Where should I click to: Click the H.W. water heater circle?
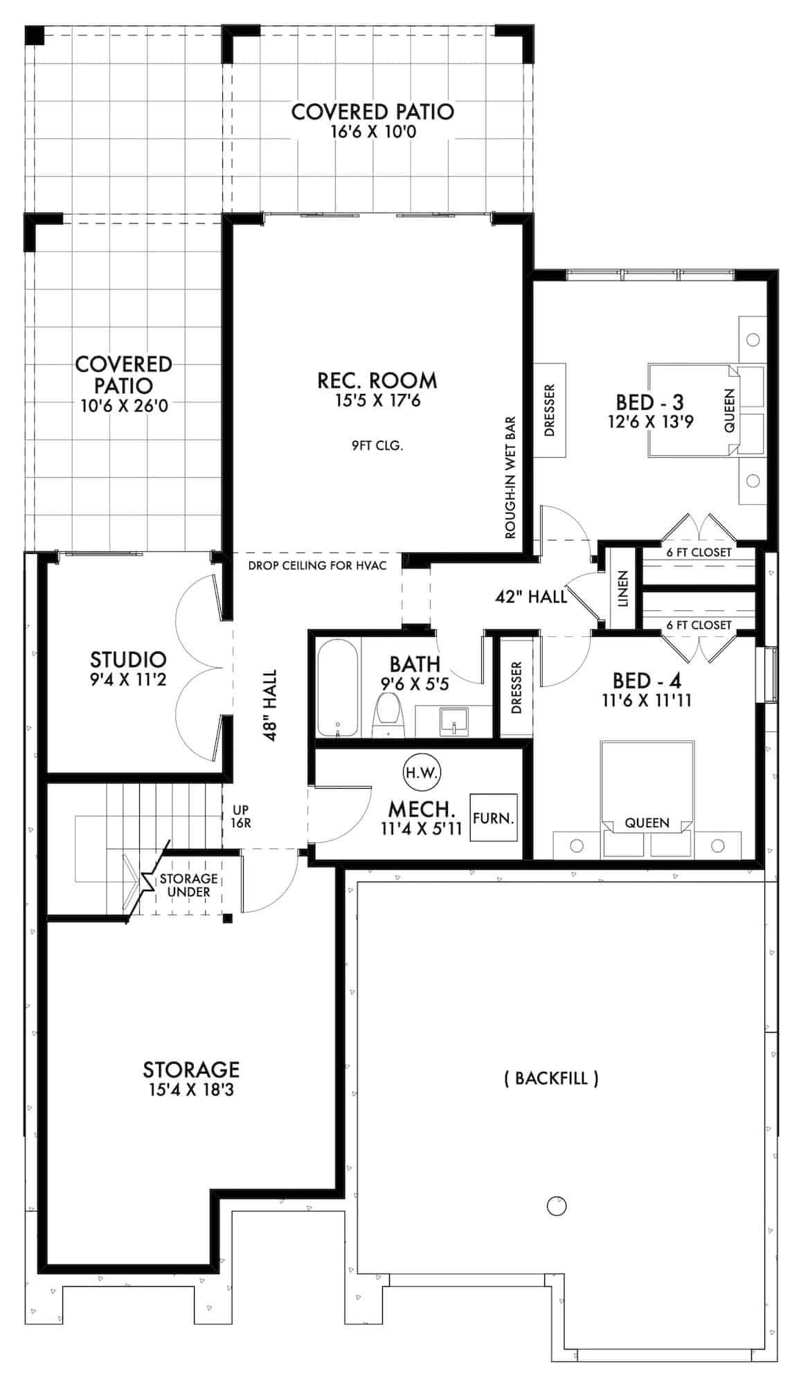[x=422, y=772]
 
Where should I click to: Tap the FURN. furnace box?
[x=493, y=818]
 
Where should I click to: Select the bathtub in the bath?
[x=338, y=688]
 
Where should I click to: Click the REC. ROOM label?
[x=377, y=380]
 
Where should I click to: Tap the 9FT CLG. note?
[x=377, y=446]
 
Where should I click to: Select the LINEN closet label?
[x=622, y=589]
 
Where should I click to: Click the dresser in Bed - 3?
[x=550, y=410]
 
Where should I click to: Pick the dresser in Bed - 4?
[x=516, y=687]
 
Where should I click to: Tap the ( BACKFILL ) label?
[x=551, y=1078]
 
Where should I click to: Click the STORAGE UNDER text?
[x=188, y=885]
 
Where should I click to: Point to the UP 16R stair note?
[x=240, y=816]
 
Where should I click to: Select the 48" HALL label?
[x=270, y=705]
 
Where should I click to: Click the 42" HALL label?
[x=531, y=596]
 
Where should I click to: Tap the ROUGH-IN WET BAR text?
[x=511, y=478]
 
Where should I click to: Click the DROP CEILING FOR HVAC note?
[x=316, y=565]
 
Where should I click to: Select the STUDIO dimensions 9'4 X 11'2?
[x=128, y=680]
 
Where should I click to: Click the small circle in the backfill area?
[x=557, y=1206]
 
